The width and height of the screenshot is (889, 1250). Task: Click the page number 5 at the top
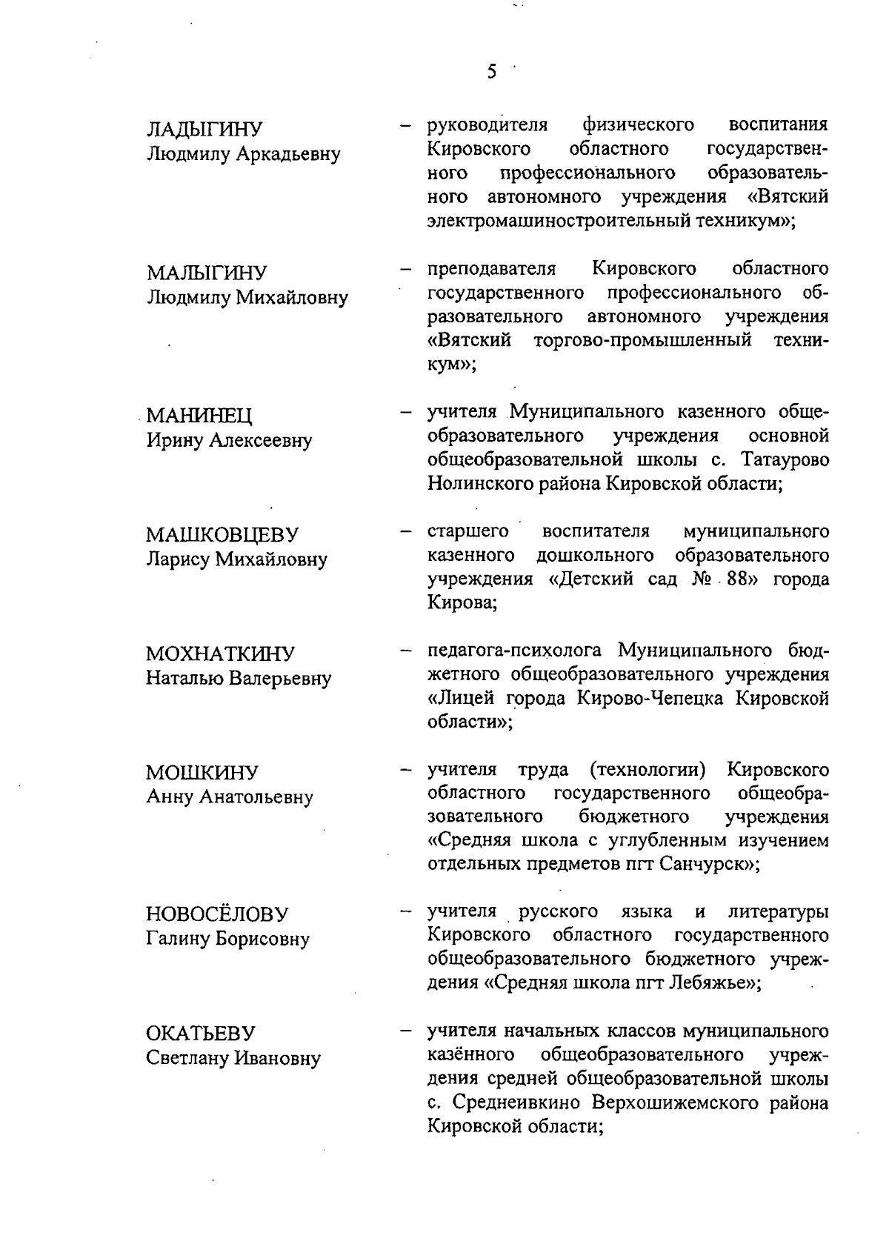click(x=491, y=73)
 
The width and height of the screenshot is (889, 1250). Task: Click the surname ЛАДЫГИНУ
click(x=204, y=130)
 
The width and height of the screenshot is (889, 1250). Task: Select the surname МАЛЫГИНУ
click(x=207, y=273)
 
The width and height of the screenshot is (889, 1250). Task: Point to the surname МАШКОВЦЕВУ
click(x=222, y=534)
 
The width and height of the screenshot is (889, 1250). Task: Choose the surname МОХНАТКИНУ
click(x=220, y=654)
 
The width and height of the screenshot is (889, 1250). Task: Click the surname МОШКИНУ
click(x=202, y=773)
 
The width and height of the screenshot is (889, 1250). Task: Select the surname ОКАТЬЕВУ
click(x=200, y=1034)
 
